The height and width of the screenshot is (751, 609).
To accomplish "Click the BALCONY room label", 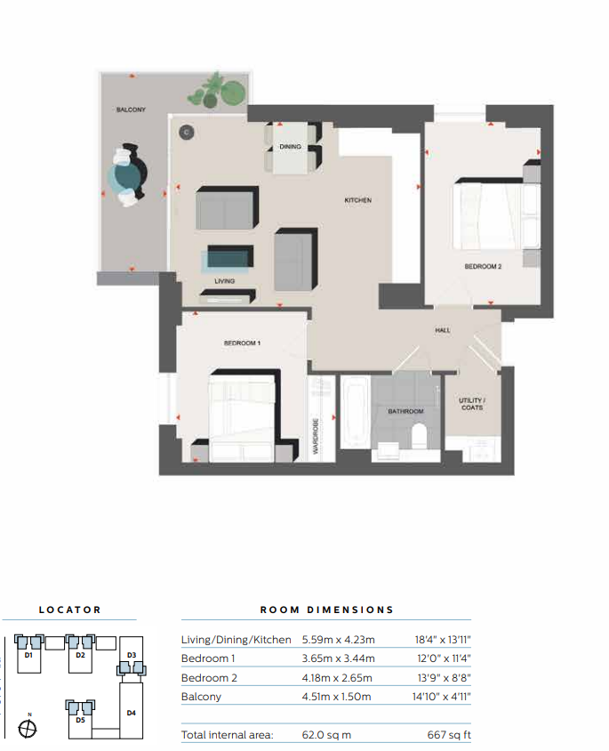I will [130, 110].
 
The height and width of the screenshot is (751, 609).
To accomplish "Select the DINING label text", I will [290, 147].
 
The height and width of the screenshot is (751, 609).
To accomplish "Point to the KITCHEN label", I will [357, 200].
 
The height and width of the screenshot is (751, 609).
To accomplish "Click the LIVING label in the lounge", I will [224, 281].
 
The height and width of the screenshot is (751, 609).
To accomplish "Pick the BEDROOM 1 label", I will [242, 343].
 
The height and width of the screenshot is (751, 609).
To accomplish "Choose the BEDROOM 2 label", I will [482, 266].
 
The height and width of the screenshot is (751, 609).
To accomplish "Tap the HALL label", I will [443, 330].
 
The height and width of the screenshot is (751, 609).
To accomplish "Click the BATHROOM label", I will [405, 412].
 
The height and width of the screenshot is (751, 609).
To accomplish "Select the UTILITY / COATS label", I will [471, 404].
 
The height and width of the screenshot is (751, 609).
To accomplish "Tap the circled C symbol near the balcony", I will [186, 133].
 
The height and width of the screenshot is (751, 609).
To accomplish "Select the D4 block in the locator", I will [132, 712].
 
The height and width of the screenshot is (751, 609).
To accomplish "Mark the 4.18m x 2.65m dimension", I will [338, 677].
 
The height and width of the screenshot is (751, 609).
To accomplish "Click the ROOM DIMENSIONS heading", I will [326, 610].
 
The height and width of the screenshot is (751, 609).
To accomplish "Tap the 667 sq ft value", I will [448, 736].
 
